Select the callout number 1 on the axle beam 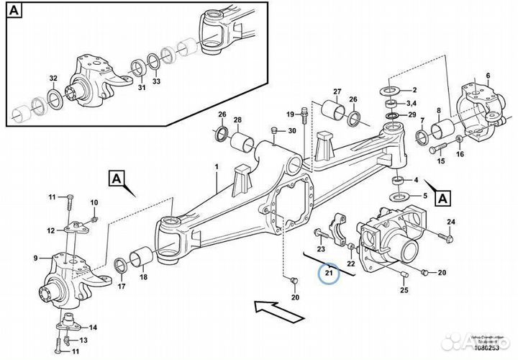(215, 167)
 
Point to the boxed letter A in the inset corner (16, 11)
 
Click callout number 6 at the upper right (487, 76)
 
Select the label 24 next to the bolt (451, 221)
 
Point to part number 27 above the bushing (336, 91)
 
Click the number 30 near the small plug (291, 130)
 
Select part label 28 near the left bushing (237, 120)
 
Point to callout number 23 (322, 248)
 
